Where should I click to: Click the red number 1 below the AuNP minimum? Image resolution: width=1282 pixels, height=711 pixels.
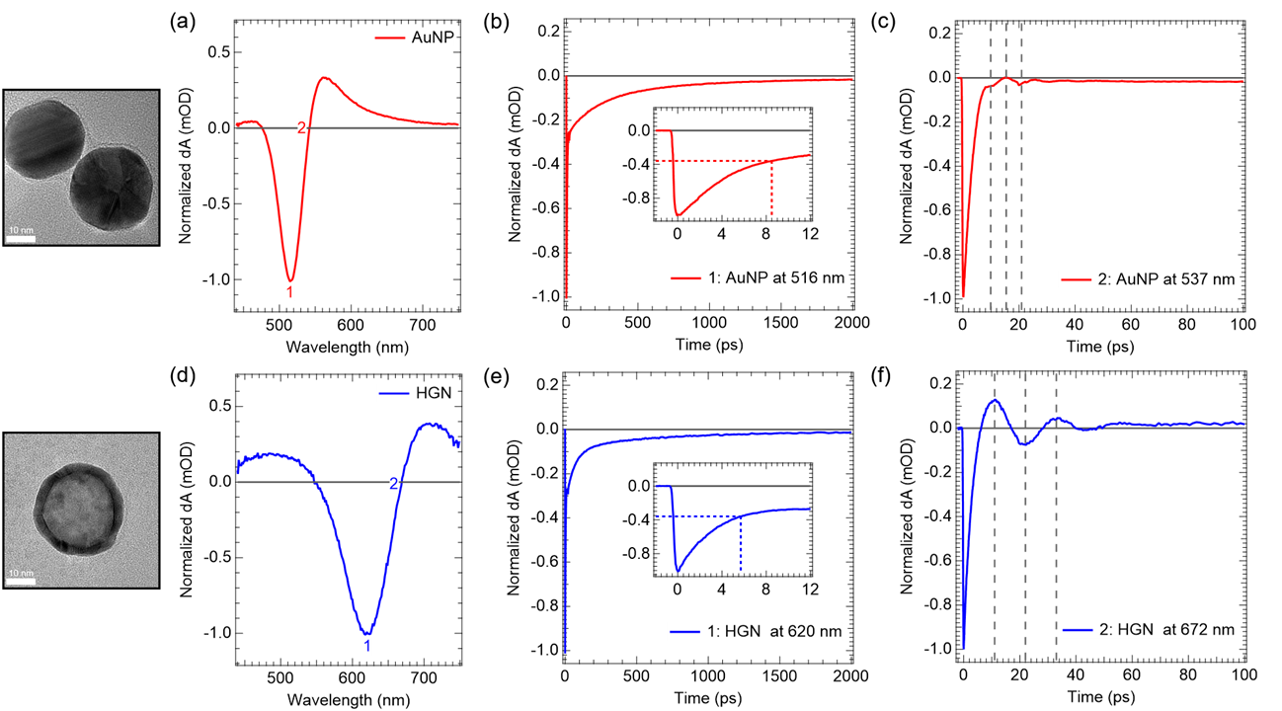coord(289,293)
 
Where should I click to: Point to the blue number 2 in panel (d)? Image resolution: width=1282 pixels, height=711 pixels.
coord(394,484)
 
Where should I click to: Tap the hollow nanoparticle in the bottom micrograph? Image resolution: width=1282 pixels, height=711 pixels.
coord(78,510)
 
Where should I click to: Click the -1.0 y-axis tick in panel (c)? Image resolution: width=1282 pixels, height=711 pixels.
coord(940,297)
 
